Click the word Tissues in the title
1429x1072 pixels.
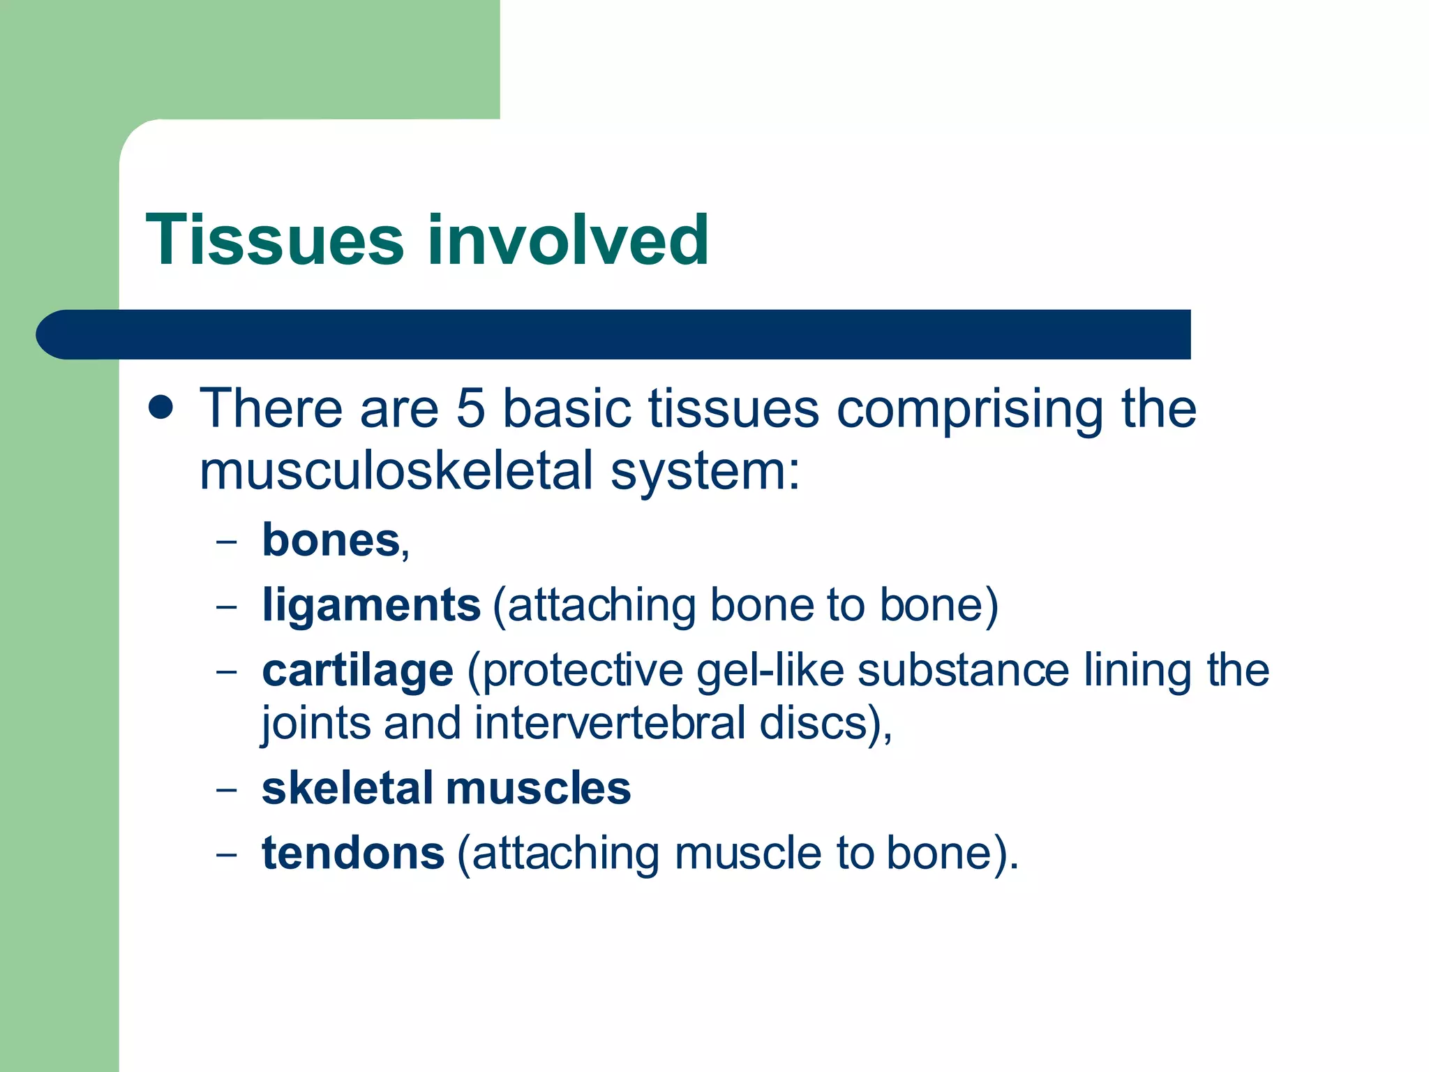click(275, 240)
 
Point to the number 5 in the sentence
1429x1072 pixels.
click(470, 408)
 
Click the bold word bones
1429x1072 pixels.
click(331, 540)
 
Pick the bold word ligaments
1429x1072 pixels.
click(371, 604)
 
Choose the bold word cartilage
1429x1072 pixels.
click(357, 670)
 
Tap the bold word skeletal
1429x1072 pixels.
click(347, 788)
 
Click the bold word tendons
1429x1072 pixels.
click(352, 853)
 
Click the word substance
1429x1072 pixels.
click(963, 670)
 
